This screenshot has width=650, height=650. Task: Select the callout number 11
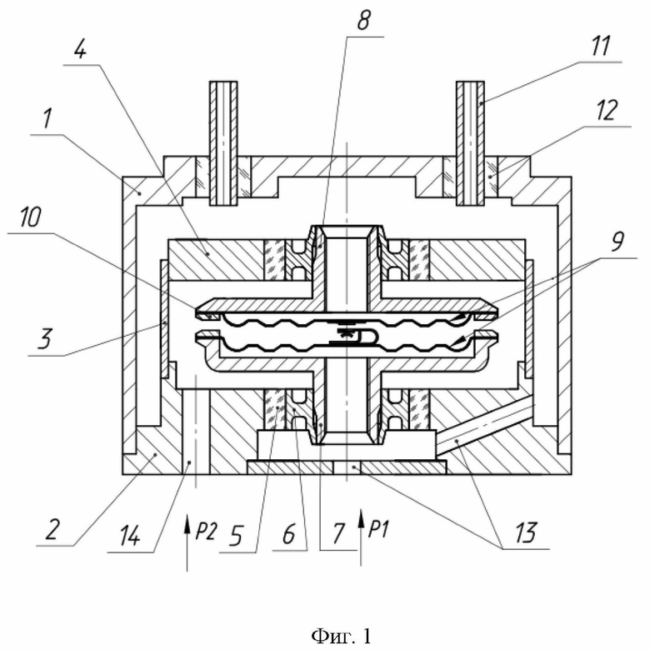600,46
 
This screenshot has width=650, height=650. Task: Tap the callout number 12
607,110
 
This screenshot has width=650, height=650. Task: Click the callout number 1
47,118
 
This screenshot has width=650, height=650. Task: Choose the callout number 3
45,337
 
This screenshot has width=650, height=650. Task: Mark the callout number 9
617,241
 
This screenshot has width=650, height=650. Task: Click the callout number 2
52,528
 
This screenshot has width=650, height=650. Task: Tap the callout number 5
235,536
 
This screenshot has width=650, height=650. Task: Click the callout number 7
338,533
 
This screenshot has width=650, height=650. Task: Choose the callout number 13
526,532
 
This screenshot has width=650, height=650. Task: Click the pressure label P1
378,529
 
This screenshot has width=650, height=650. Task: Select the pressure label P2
206,531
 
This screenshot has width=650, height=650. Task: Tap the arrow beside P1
361,537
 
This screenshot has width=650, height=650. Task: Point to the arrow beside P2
187,542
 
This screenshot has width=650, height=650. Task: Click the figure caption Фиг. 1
341,636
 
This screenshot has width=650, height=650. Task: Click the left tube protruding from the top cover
223,143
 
